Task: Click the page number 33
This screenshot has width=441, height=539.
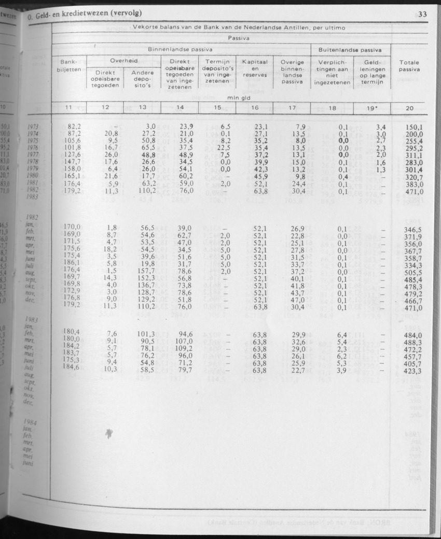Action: tap(422, 15)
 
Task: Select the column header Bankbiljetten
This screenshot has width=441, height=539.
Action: tap(68, 65)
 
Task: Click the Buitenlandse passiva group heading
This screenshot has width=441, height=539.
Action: tap(350, 50)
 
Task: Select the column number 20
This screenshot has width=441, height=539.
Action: tap(409, 108)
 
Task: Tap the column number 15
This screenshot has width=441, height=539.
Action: tap(217, 108)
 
